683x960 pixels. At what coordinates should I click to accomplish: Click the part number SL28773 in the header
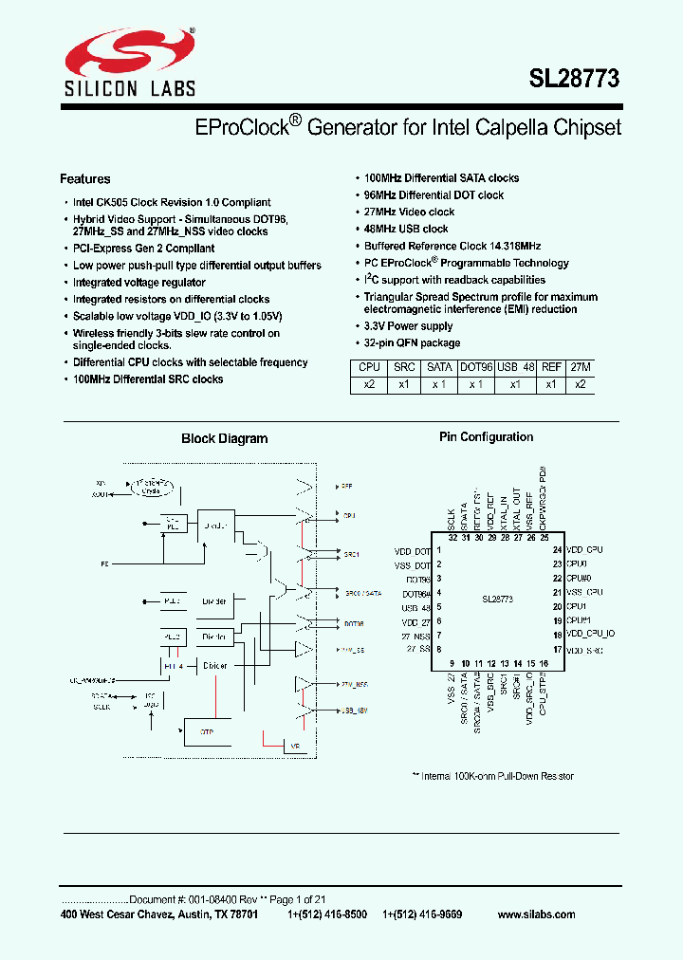tap(574, 80)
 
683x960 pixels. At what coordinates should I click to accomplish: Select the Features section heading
tap(85, 179)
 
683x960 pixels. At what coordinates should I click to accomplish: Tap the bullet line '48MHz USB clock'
tap(406, 229)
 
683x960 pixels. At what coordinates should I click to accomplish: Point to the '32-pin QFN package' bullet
tap(412, 342)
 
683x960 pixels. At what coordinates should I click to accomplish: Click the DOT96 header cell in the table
tap(476, 367)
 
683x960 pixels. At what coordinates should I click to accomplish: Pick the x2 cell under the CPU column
tap(369, 385)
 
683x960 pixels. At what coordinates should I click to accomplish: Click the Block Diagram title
tap(224, 439)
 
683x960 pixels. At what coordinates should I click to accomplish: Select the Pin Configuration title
tap(486, 437)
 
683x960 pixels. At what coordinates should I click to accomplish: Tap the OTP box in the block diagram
tap(208, 731)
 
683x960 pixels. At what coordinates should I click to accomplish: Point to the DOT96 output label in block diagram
tap(353, 624)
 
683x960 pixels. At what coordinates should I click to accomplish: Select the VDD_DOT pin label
tap(413, 551)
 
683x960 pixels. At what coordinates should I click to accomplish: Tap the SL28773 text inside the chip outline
tap(497, 600)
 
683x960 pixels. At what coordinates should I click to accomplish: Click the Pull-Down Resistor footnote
tap(492, 776)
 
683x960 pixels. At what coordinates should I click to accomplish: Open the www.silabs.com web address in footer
tap(536, 914)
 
